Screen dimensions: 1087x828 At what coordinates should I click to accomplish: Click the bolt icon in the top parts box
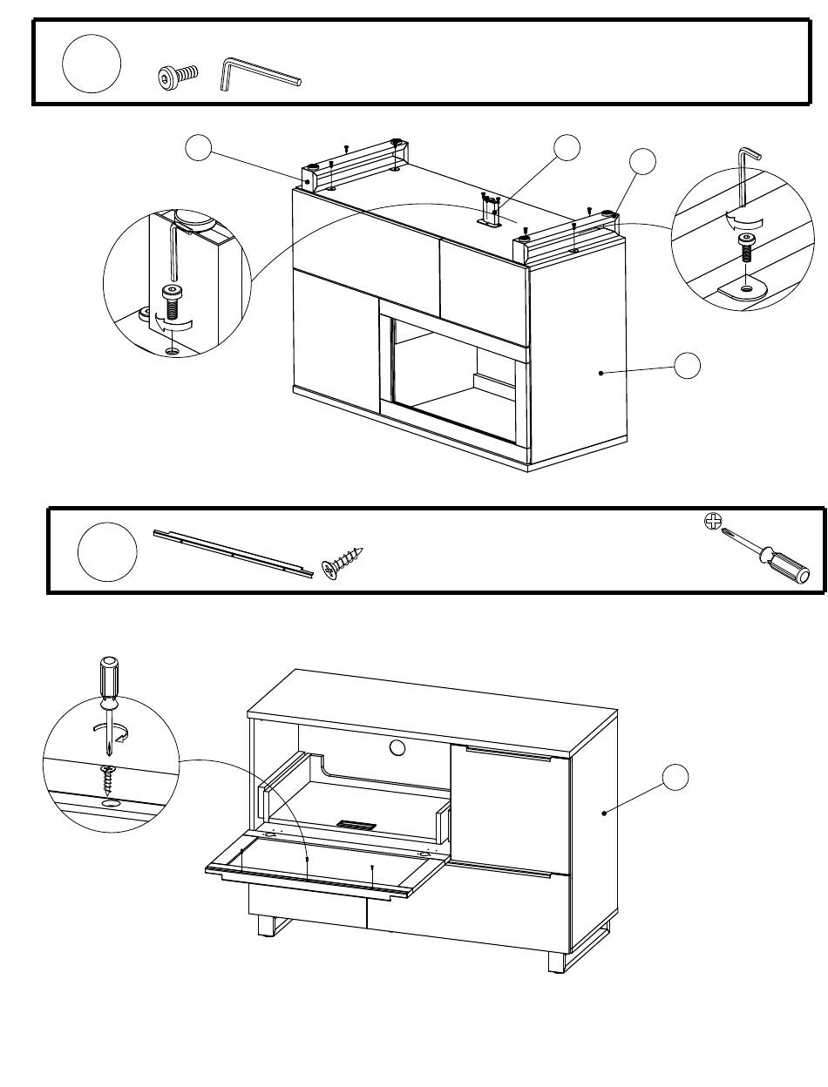tap(178, 78)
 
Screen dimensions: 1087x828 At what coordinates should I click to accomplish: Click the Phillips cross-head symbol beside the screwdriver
tap(713, 522)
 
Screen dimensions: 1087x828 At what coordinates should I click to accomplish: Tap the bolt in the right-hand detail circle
tap(746, 249)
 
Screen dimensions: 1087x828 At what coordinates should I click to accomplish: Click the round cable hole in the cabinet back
tap(397, 747)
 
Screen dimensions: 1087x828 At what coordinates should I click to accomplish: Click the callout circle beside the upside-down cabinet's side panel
tap(688, 366)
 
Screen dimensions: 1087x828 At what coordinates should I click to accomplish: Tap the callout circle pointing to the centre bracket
tap(567, 148)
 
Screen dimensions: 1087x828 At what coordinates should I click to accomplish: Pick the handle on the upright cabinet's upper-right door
tap(508, 753)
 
